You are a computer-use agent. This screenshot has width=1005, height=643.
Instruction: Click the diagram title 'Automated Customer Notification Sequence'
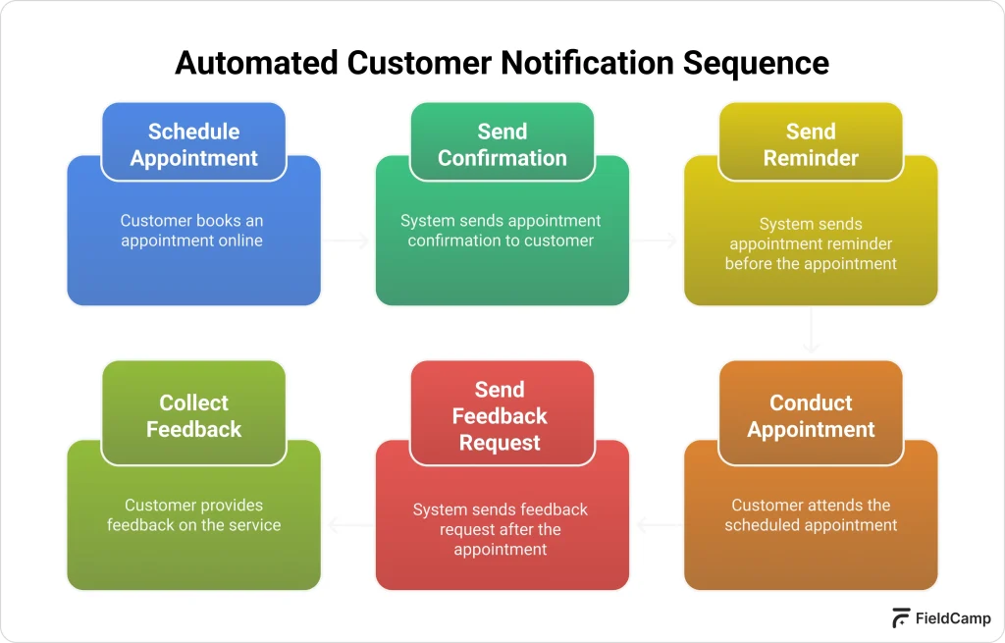click(x=502, y=63)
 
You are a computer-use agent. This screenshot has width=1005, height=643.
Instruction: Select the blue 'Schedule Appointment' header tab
click(x=193, y=144)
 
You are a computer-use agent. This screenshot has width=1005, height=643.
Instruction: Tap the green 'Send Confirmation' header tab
click(x=502, y=144)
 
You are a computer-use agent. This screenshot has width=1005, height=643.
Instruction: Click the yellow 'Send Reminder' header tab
click(x=810, y=144)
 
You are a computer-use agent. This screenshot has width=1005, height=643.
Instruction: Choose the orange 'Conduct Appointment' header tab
click(x=810, y=415)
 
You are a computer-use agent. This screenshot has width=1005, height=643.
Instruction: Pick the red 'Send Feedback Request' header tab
click(x=502, y=415)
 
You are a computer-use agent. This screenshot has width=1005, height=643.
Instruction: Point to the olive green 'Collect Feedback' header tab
click(x=193, y=415)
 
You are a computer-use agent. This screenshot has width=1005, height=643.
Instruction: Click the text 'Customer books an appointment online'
click(x=192, y=231)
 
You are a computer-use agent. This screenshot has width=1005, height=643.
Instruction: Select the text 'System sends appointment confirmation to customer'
click(x=501, y=231)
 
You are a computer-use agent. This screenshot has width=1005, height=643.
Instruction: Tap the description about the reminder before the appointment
click(x=811, y=243)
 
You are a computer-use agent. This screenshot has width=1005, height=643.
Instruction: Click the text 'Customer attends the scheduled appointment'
click(x=811, y=515)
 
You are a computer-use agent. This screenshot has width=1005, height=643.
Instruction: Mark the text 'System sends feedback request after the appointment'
click(x=501, y=529)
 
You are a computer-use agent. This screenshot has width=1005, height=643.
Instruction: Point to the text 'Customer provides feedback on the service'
click(x=193, y=515)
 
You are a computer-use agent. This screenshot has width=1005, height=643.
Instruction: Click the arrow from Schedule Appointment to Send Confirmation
click(x=347, y=241)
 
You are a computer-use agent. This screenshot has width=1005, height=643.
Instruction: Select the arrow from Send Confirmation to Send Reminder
click(x=656, y=241)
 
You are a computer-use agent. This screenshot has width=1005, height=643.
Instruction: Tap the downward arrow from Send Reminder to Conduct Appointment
click(x=811, y=332)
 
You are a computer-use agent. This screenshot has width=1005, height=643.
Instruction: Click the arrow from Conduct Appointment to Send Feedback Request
click(x=657, y=525)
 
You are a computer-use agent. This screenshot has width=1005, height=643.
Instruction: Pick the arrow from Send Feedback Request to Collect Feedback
click(x=348, y=525)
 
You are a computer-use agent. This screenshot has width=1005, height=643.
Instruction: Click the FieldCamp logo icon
click(x=900, y=618)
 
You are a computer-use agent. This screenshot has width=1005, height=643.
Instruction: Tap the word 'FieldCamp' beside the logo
click(x=952, y=618)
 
